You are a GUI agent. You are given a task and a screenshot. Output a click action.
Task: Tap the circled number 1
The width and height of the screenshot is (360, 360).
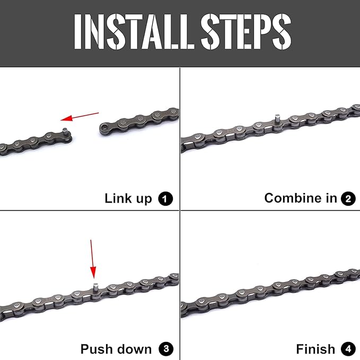[x=166, y=199]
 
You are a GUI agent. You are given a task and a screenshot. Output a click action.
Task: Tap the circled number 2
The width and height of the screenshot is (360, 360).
[x=348, y=199]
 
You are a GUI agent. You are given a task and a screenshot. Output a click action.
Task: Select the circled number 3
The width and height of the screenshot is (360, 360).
[x=166, y=349]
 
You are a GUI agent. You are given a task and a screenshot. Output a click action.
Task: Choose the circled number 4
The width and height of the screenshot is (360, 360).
[x=348, y=349]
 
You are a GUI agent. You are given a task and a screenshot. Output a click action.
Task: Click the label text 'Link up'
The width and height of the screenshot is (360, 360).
[x=128, y=199]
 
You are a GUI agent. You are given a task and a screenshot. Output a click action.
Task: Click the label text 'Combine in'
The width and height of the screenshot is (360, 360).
[x=301, y=199]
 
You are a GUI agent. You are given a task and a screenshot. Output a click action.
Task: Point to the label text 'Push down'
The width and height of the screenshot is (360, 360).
[x=116, y=349]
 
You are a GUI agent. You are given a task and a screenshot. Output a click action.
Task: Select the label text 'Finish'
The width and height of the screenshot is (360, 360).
[x=315, y=349]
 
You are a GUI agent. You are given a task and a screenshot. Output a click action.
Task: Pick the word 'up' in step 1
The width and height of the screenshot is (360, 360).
[x=144, y=199]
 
